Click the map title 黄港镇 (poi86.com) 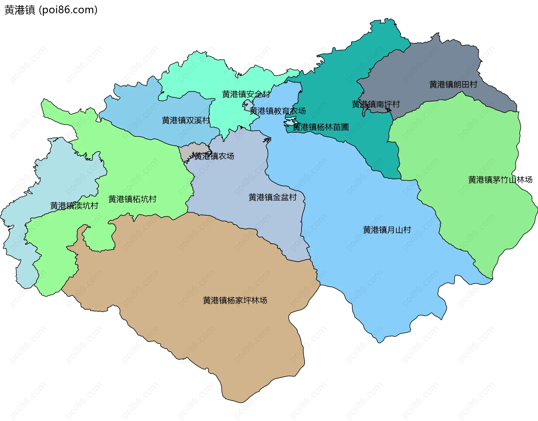tap(51, 10)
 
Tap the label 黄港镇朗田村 tap(453, 84)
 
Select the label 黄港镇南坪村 tap(375, 104)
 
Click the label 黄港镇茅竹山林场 tap(500, 180)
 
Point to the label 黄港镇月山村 tap(387, 230)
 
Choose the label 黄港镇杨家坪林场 tap(235, 300)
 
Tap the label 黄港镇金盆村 tap(272, 197)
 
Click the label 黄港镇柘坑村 tap(132, 199)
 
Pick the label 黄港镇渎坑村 tap(74, 206)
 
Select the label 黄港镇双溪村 tap(186, 120)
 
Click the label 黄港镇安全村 tap(246, 94)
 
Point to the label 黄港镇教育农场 tap(277, 111)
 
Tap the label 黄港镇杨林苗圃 tap(321, 127)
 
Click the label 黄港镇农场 tap(214, 156)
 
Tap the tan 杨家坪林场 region tap(196, 266)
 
